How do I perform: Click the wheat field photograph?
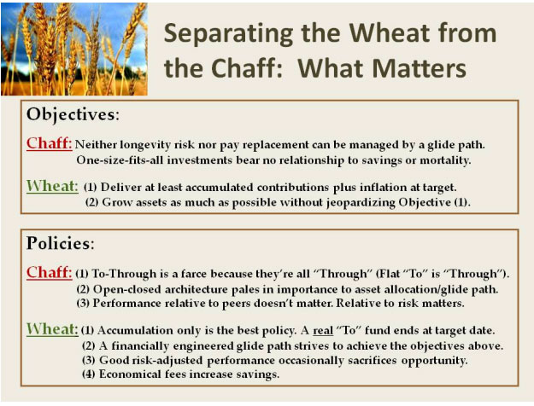74,49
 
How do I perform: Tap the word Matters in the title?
420,68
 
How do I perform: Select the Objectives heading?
73,114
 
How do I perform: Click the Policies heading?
61,243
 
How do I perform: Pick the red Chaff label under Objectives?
50,143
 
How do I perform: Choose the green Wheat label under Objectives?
52,186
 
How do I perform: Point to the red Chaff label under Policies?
50,272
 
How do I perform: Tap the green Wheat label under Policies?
52,329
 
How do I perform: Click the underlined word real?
323,330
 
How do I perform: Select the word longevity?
145,145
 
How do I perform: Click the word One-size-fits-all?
120,159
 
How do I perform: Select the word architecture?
197,289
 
